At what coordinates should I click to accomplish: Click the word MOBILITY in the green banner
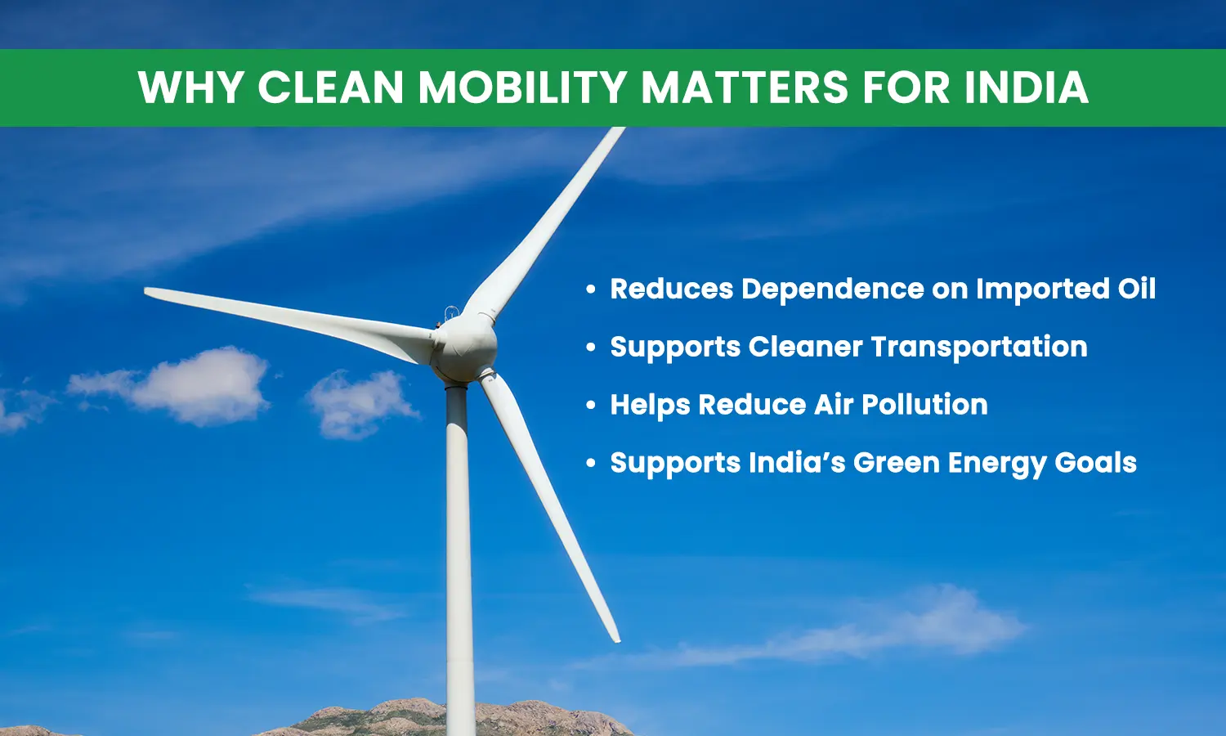point(523,88)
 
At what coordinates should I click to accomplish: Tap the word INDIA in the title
point(1027,88)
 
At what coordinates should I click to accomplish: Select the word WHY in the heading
point(190,88)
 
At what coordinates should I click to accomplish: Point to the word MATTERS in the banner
point(744,88)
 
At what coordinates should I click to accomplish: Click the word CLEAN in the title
point(330,88)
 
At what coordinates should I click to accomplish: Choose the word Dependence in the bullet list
point(833,289)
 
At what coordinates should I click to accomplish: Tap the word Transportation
point(979,347)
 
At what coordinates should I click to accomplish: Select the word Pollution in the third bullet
point(925,405)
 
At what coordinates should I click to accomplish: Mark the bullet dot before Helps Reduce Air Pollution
point(591,406)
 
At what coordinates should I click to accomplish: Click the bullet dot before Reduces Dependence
point(591,289)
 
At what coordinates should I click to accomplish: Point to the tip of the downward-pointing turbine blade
point(617,640)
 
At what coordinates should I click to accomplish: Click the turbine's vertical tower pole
point(459,559)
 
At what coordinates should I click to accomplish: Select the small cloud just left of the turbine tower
point(360,404)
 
